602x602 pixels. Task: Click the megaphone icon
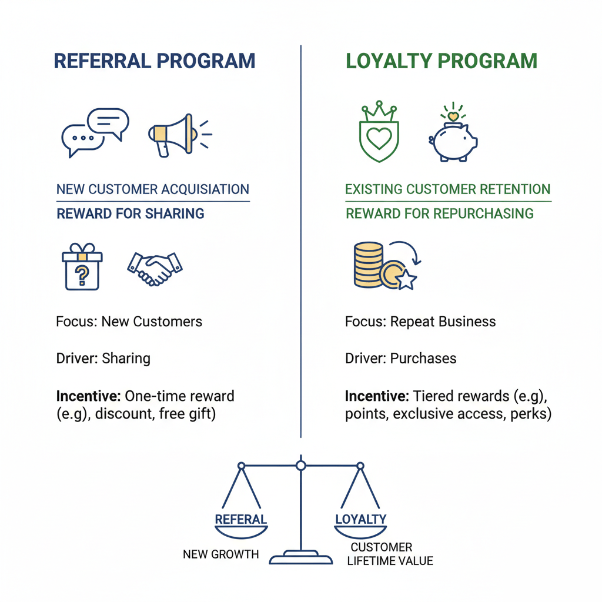(174, 135)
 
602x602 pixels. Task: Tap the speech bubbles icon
(95, 132)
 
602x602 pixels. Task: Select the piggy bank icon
(454, 138)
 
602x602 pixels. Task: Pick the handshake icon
(155, 267)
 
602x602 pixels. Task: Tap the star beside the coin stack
(406, 280)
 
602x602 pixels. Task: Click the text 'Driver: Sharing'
(103, 358)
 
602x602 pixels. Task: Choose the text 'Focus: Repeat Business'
(420, 322)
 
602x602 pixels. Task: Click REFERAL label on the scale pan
(241, 519)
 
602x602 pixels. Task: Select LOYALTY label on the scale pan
(361, 519)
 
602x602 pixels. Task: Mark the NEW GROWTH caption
(220, 554)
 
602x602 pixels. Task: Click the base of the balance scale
(301, 557)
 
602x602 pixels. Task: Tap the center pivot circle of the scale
(301, 466)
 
